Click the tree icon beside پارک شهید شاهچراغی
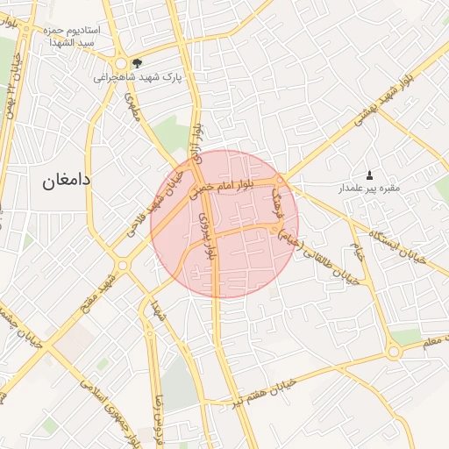pyautogui.click(x=136, y=62)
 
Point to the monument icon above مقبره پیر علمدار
pyautogui.click(x=368, y=175)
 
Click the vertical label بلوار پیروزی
pyautogui.click(x=208, y=233)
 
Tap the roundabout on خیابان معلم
pyautogui.click(x=394, y=352)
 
